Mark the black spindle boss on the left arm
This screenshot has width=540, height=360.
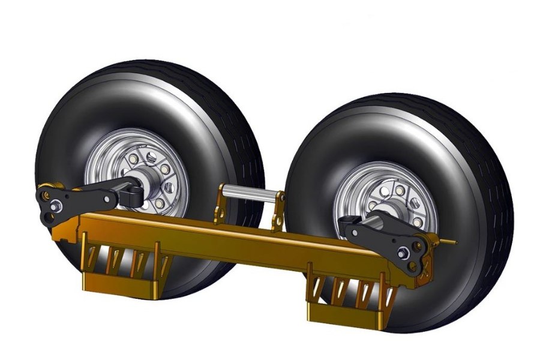129,194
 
